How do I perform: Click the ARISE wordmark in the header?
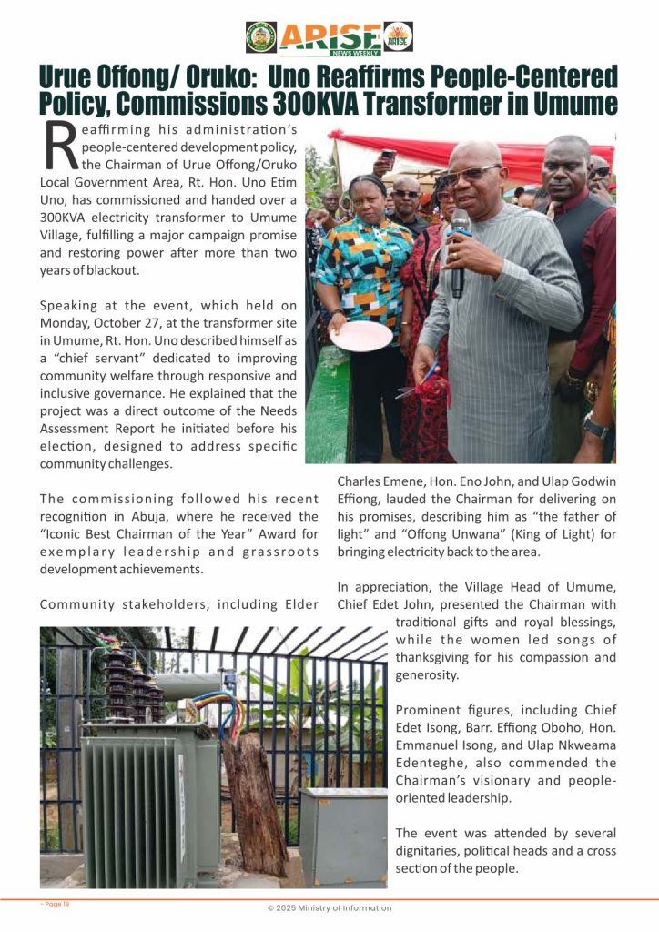[x=330, y=35]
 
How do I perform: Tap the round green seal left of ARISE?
[x=261, y=36]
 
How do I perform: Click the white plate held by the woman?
[x=361, y=335]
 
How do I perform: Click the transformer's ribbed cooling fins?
[x=137, y=810]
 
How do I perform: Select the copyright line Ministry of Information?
[x=329, y=907]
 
